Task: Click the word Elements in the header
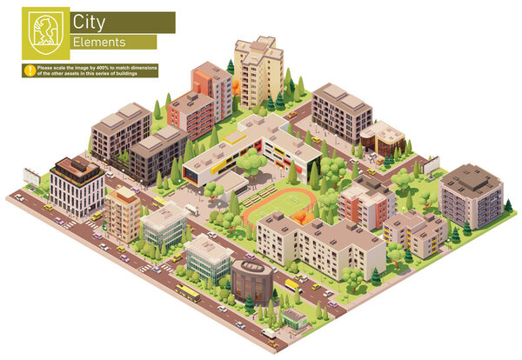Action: (x=98, y=42)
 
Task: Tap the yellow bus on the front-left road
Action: (x=187, y=293)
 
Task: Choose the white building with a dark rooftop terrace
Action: (x=77, y=185)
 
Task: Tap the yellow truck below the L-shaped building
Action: (x=291, y=283)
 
